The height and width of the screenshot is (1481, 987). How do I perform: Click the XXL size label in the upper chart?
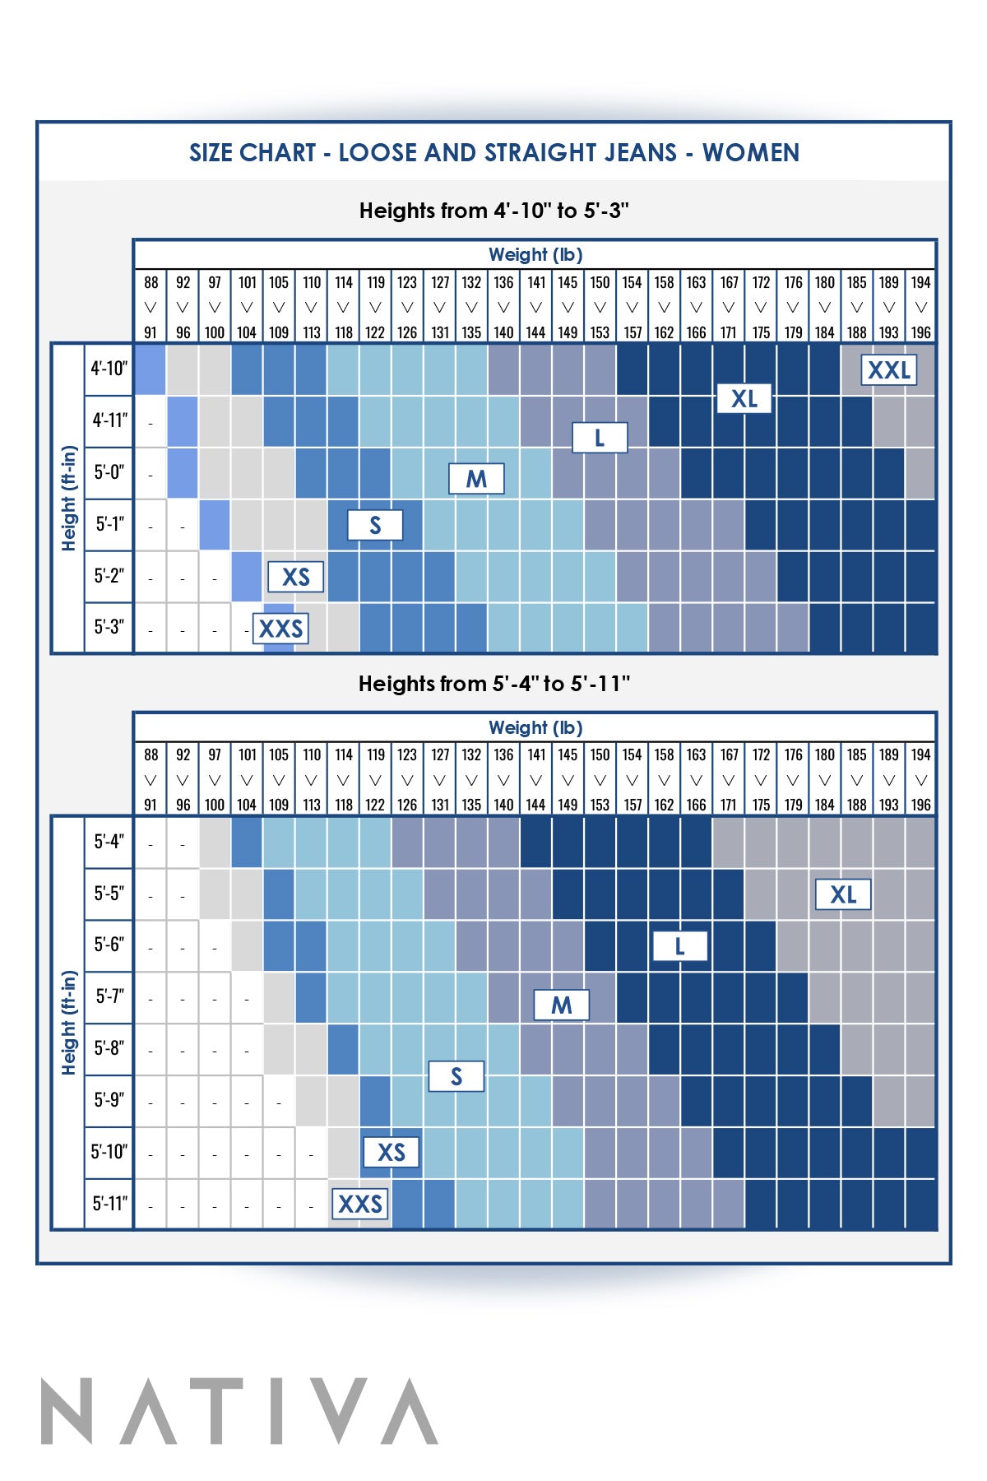888,370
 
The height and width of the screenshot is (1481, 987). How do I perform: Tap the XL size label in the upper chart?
744,399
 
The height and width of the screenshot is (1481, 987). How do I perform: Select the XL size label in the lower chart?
842,894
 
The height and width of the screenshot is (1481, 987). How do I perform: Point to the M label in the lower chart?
561,1005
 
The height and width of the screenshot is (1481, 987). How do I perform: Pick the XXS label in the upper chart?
280,629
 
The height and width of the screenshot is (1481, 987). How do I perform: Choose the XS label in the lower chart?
391,1152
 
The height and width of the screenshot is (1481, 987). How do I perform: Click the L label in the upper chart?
600,438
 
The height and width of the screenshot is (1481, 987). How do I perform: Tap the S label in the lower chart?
456,1076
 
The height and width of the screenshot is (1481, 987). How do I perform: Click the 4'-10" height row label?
109,369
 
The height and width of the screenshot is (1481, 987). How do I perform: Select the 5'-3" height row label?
109,627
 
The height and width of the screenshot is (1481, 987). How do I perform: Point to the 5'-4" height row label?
109,842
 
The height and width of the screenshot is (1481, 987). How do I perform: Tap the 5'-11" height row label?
109,1204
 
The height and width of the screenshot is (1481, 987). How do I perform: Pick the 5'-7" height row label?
109,996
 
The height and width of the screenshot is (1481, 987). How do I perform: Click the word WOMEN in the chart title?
750,153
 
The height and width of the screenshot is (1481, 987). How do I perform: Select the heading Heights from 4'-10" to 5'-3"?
493,211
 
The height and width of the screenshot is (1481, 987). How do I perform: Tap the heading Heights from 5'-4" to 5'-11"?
493,684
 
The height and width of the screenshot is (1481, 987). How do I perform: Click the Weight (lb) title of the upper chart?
535,255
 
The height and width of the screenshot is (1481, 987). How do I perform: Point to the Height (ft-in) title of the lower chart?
69,1023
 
